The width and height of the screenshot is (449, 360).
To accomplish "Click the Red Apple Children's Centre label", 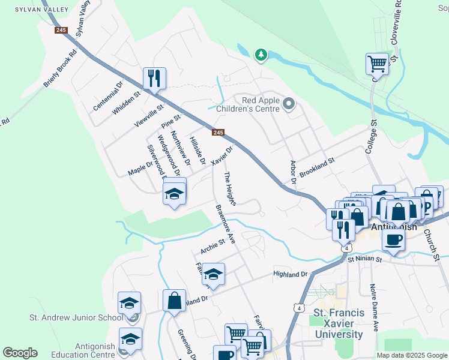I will pos(261,104).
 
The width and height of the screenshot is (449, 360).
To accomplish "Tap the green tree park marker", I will pos(261,55).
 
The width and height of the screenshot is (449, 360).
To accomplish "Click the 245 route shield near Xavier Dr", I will pos(218,133).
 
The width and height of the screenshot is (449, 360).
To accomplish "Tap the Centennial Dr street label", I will pos(108,95).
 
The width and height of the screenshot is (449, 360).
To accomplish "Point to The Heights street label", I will pos(230,188).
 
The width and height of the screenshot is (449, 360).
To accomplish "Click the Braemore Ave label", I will pos(225,226).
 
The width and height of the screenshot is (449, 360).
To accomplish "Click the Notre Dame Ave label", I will pos(373,307).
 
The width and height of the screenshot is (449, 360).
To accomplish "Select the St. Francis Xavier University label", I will pos(339,324).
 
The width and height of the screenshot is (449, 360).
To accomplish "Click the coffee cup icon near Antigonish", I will pos(393,240).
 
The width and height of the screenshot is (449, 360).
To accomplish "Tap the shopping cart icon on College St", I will pos(377,63).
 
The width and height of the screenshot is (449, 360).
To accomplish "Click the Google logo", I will pos(20,353).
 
